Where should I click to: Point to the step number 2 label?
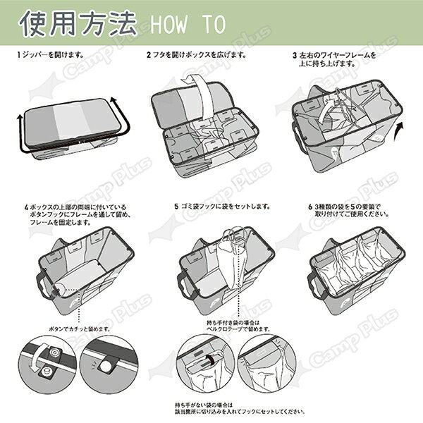149,54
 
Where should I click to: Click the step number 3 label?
294,54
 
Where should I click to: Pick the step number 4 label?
26,207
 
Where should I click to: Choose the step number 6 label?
310,207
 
